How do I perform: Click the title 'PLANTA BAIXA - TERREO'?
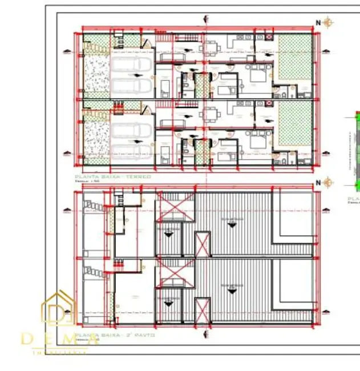[x=113, y=177]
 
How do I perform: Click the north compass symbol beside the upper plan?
[x=327, y=23]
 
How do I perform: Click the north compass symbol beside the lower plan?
[x=327, y=183]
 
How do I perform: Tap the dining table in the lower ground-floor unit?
[x=211, y=112]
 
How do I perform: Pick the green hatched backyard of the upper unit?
[x=295, y=57]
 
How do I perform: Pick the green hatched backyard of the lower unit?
[x=295, y=122]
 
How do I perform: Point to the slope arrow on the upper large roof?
[x=231, y=224]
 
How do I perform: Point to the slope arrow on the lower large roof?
[x=231, y=291]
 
